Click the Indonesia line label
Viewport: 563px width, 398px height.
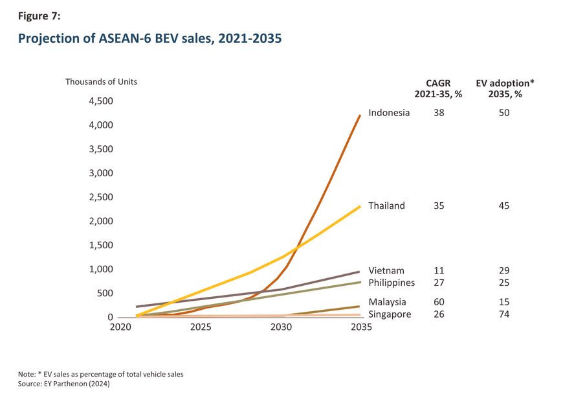pos(389,113)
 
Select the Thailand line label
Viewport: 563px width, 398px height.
pos(386,206)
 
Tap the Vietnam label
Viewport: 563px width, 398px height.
pos(386,270)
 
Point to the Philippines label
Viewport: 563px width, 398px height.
pos(392,283)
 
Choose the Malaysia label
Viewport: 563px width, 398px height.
pos(387,302)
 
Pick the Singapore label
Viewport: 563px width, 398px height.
pos(389,314)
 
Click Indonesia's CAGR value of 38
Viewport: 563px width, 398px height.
pos(439,113)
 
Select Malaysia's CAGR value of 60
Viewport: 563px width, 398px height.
pos(439,302)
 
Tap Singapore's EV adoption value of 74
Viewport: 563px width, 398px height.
pos(504,314)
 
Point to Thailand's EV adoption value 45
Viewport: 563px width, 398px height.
pos(504,206)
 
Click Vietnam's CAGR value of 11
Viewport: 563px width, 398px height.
pos(439,270)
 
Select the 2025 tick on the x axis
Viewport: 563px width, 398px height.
pos(201,328)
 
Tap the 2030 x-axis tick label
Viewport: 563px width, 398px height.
pos(281,328)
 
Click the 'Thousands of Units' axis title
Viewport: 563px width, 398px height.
pos(101,82)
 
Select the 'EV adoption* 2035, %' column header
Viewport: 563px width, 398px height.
pos(504,88)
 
